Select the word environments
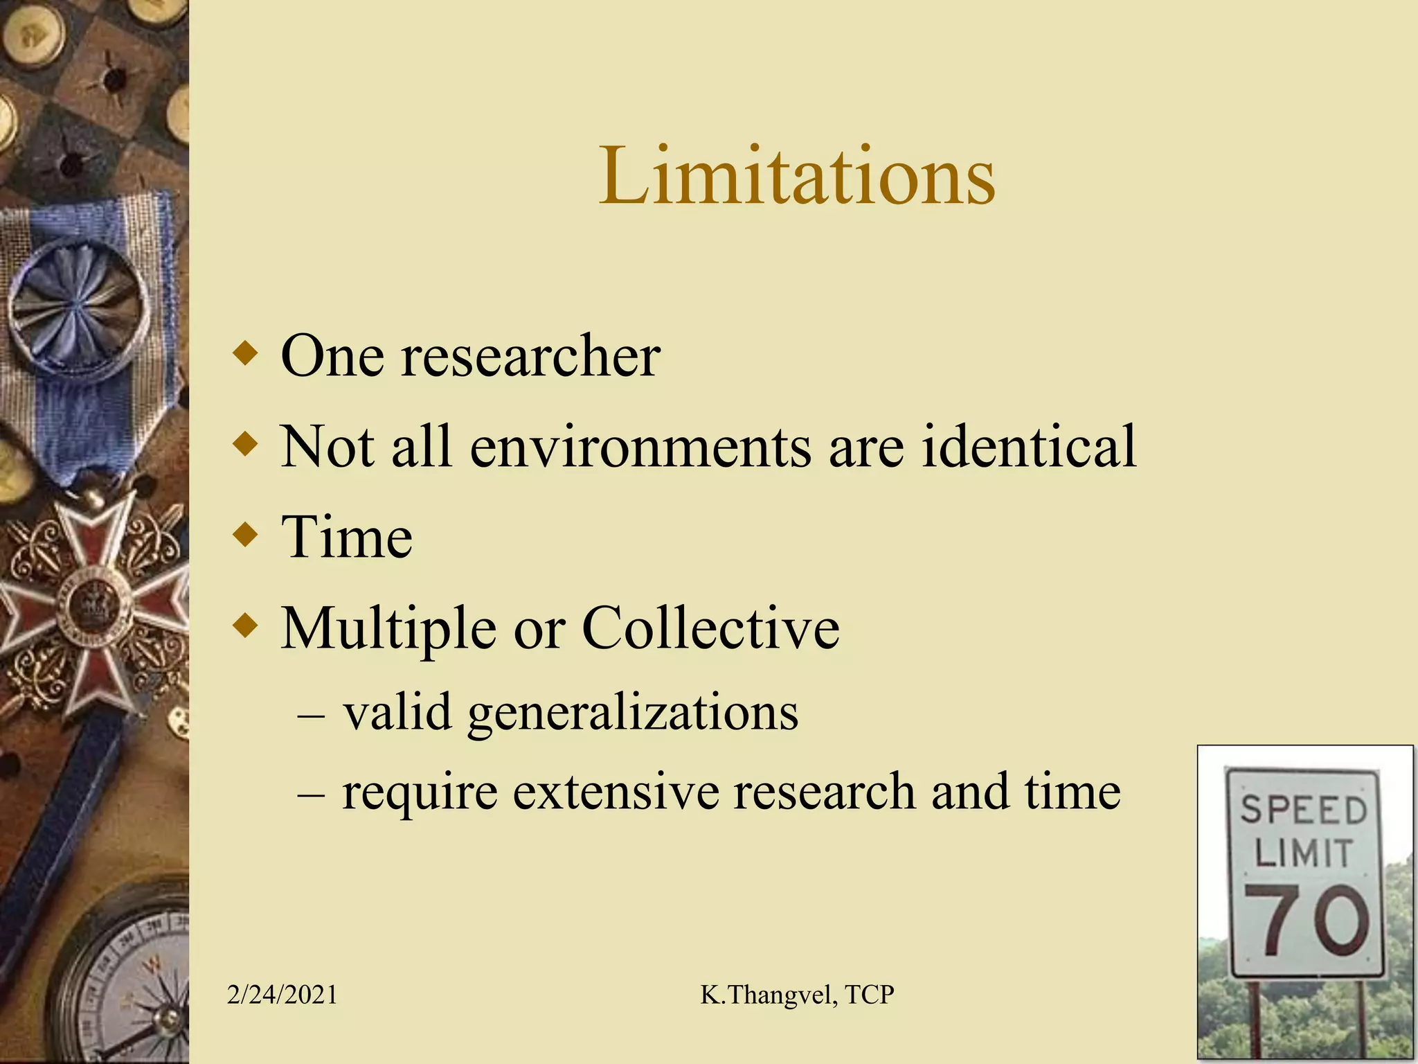pos(640,447)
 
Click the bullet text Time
pos(346,538)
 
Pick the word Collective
pos(710,628)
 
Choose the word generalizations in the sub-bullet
pos(633,713)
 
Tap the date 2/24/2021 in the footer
pos(282,995)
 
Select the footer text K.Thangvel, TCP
pos(797,995)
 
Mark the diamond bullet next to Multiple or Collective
pos(246,626)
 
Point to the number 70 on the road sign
pos(1306,921)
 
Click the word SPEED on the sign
pos(1303,809)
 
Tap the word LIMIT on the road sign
pos(1303,853)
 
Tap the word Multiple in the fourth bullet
pos(388,628)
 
